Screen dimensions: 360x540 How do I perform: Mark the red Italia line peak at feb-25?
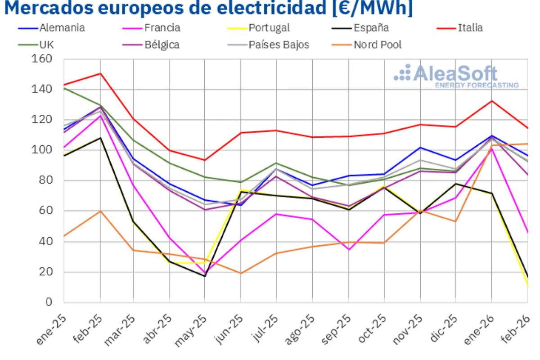99,73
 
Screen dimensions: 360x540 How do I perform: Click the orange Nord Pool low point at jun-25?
241,273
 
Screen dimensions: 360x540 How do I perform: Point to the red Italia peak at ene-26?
492,101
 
